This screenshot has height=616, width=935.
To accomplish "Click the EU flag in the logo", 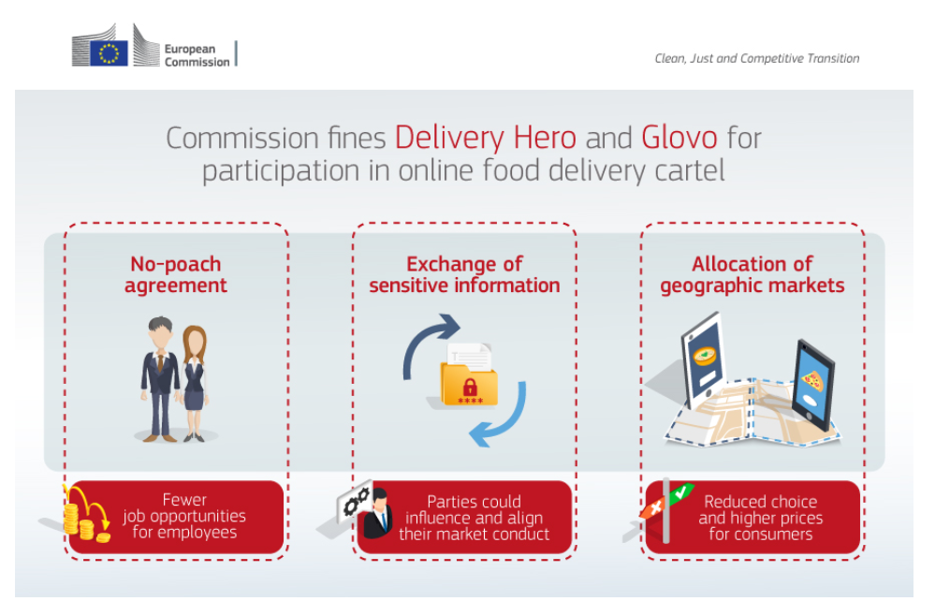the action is (110, 53).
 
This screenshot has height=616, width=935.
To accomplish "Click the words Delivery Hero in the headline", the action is (486, 138).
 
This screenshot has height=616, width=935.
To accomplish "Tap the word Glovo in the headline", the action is (679, 138).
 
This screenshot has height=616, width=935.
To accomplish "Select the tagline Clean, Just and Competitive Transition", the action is (757, 58).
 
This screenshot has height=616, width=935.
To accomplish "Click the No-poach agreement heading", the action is (176, 275).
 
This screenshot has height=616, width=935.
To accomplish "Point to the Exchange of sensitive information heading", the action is (464, 275).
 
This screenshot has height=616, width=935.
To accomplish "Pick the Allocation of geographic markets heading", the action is (752, 275).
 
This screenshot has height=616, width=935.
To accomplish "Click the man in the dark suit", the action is (160, 379).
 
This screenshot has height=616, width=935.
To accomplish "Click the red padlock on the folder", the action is (470, 387).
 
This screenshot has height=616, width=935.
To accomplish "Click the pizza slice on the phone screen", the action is (812, 379).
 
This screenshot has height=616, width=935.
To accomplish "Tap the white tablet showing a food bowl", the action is (704, 360).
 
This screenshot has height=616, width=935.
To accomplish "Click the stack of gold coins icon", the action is (86, 515).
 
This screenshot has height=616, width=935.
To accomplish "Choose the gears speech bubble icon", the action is (354, 502).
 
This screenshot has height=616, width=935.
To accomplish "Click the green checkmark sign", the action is (681, 492).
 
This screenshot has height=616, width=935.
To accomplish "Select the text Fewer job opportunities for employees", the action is (184, 516).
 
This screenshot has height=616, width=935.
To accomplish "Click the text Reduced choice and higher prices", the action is (760, 510).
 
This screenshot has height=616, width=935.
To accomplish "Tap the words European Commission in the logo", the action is (197, 55).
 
